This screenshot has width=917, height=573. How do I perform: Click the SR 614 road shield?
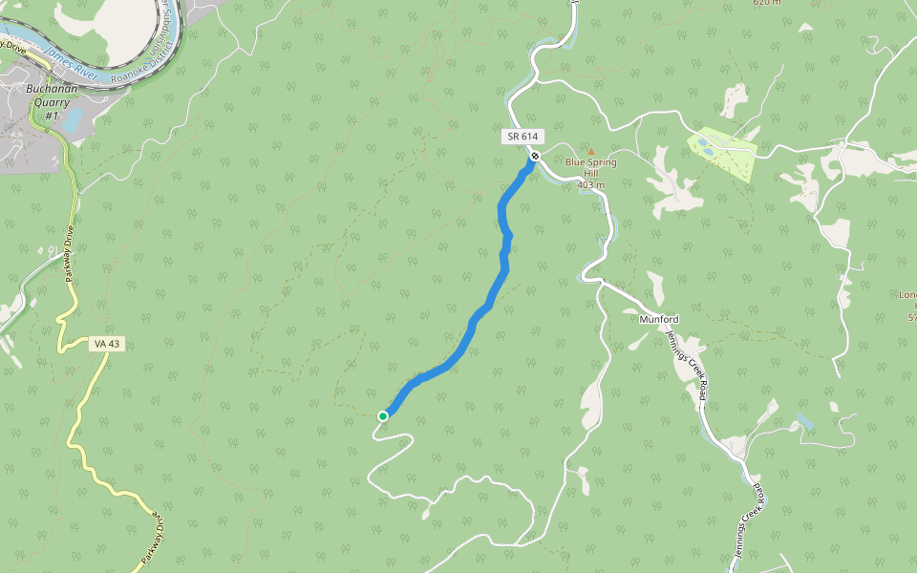522,137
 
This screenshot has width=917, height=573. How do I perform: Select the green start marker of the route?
383,415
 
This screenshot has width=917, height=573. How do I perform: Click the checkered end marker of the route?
536,156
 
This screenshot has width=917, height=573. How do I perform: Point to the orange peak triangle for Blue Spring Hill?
590,151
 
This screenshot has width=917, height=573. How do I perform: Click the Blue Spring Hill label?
590,167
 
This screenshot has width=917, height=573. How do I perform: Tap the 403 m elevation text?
591,184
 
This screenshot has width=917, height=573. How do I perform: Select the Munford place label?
658,319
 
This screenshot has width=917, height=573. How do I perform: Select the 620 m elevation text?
767,3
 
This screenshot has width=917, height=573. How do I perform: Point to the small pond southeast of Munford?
804,420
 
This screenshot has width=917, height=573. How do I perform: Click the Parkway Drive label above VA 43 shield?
69,254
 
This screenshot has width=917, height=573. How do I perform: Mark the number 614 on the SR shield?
528,137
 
